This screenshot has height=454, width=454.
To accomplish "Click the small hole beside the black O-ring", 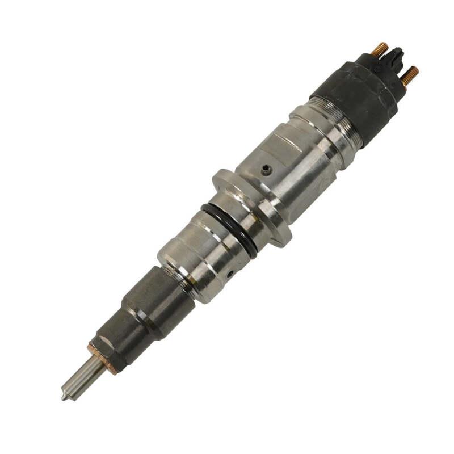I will (x=229, y=274).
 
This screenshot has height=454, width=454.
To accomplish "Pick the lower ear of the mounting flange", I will (x=279, y=237).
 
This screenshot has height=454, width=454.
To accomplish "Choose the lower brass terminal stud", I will (x=410, y=75).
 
